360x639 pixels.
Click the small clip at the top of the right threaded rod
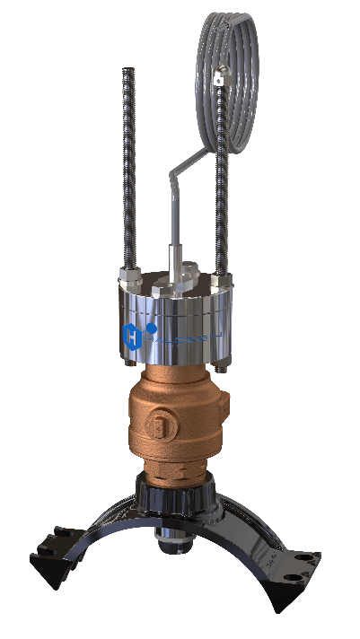click(219, 80)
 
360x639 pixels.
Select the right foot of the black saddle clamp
click(296, 561)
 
